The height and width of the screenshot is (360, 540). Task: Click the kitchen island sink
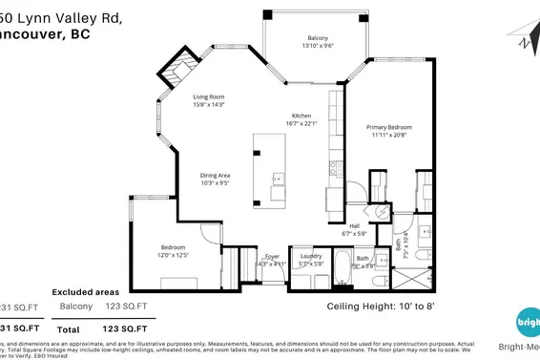277,178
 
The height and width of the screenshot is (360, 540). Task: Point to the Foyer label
272,256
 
